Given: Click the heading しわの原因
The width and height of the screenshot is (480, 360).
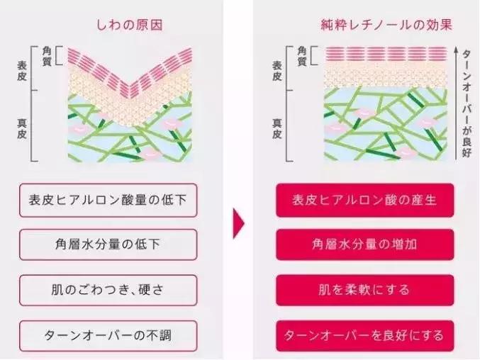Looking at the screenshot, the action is (x=130, y=25).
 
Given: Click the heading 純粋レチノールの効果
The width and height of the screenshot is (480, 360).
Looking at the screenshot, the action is (x=386, y=25).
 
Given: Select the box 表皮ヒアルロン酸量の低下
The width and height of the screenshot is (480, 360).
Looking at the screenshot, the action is (x=108, y=201).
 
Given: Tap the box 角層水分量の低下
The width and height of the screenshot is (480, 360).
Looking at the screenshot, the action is (x=108, y=244).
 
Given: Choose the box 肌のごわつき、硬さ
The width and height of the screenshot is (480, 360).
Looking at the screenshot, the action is (x=108, y=290).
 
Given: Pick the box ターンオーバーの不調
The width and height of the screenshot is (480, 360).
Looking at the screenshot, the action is (x=108, y=335).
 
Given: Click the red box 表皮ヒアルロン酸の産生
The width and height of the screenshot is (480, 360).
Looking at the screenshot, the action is (x=365, y=201).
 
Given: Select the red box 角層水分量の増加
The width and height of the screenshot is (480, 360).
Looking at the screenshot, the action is (x=365, y=244).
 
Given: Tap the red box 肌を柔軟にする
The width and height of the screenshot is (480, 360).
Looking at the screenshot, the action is (x=365, y=290).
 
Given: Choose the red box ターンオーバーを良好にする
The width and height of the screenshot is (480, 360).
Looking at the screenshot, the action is (x=365, y=335).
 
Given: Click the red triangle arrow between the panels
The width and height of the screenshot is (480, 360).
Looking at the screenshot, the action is (x=238, y=223).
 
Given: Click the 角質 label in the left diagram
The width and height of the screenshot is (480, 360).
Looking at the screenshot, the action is (x=47, y=56).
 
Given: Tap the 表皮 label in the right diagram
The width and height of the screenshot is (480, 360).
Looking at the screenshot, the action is (x=277, y=71).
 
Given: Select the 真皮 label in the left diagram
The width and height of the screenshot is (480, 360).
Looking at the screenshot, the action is (x=22, y=129).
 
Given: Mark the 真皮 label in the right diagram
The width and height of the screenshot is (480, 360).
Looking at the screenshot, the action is (x=277, y=129).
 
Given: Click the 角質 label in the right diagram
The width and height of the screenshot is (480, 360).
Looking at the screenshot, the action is (x=302, y=56).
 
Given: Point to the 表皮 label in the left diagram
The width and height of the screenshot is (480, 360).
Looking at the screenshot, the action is (x=22, y=71).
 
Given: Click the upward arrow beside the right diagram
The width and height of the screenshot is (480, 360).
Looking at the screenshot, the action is (x=456, y=103).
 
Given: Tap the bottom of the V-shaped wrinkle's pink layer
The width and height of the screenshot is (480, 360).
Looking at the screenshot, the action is (x=128, y=96).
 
